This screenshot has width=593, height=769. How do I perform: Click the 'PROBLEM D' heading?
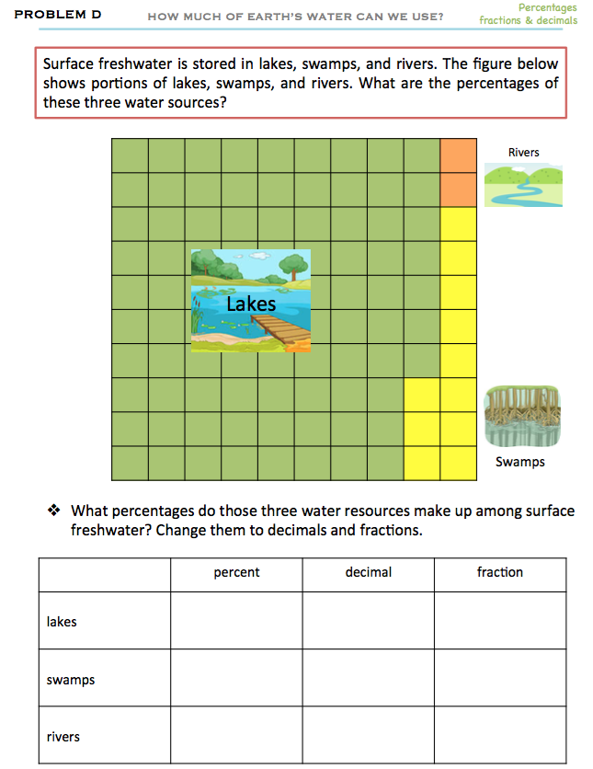(58, 15)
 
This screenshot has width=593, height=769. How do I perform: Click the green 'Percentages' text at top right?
(547, 7)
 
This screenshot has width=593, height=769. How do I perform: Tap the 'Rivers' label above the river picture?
(523, 152)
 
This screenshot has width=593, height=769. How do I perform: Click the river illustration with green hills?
(522, 187)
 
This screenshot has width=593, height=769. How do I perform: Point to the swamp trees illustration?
(522, 417)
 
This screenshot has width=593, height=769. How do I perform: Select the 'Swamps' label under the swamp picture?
(520, 462)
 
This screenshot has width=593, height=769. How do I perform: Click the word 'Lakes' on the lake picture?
(251, 304)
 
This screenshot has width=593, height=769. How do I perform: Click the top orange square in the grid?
(458, 155)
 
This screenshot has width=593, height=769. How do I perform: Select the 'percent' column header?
(236, 572)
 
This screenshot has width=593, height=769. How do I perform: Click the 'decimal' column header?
(369, 572)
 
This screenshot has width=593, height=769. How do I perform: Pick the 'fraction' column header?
(500, 572)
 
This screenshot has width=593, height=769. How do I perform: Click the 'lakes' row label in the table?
(62, 622)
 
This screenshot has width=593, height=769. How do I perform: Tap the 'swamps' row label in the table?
(71, 680)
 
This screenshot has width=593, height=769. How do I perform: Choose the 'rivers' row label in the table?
(63, 737)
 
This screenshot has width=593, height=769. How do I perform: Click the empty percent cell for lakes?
(236, 621)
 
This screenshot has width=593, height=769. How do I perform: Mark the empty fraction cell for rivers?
(500, 736)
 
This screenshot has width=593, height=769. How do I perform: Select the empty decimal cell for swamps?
(369, 679)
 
